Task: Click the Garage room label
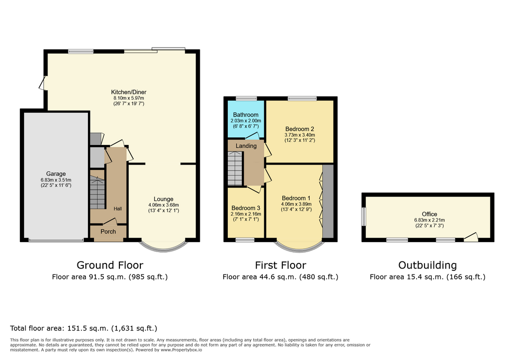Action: (56, 174)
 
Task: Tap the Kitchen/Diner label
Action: (128, 92)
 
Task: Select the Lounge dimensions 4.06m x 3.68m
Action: (163, 205)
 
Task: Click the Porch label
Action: (108, 231)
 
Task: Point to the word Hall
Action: (118, 208)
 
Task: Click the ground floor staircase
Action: (98, 192)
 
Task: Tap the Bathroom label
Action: (246, 115)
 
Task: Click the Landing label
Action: (246, 146)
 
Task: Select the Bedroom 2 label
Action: (300, 129)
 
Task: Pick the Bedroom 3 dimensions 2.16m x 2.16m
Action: (246, 214)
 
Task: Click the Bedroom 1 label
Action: (296, 198)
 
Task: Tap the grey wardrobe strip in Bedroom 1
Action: (328, 201)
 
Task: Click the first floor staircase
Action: (235, 168)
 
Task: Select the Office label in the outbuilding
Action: (430, 214)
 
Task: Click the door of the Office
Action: (472, 237)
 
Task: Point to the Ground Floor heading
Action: (110, 265)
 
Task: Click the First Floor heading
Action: (281, 265)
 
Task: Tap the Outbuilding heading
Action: (428, 265)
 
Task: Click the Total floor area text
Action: (83, 328)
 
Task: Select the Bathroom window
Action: (247, 98)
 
